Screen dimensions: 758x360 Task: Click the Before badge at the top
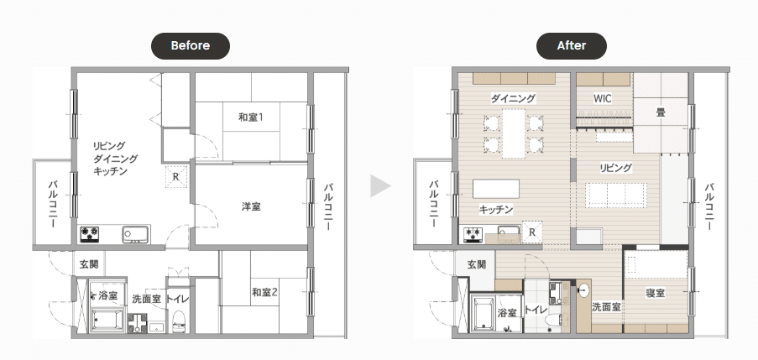[x=191, y=46]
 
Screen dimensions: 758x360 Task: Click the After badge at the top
[x=572, y=46]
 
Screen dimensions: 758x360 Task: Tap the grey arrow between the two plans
[x=380, y=186]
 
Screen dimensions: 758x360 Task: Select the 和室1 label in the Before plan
[x=250, y=117]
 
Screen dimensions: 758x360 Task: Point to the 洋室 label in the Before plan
[x=251, y=206]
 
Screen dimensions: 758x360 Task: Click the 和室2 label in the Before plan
[x=264, y=292]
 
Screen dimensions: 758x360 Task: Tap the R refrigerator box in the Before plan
[x=176, y=177]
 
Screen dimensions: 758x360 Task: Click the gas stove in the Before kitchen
[x=91, y=234]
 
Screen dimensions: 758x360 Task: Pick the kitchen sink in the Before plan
[x=135, y=234]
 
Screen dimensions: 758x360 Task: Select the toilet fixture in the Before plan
[x=179, y=321]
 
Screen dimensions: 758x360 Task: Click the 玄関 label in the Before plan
[x=89, y=264]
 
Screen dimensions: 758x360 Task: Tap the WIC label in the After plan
[x=603, y=98]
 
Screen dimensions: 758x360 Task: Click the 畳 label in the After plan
[x=661, y=112]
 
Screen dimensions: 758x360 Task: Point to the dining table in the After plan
[x=513, y=134]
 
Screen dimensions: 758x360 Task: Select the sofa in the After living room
[x=616, y=196]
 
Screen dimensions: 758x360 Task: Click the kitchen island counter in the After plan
[x=496, y=189]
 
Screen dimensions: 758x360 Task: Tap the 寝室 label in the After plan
[x=656, y=293]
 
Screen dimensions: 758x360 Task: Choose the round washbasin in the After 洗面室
[x=583, y=291]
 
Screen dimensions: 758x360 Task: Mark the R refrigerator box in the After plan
[x=532, y=232]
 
